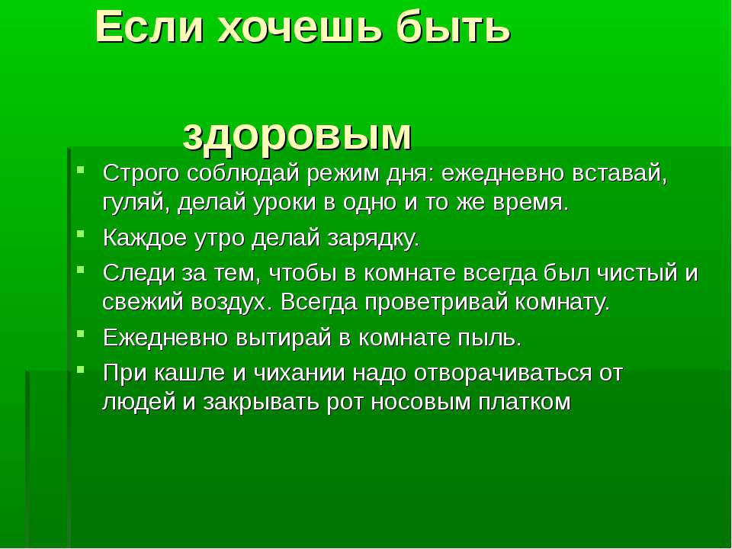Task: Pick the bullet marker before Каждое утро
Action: [x=81, y=233]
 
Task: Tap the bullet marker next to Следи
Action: [x=81, y=268]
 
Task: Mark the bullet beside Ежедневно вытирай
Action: [x=81, y=333]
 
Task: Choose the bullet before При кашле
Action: [x=81, y=369]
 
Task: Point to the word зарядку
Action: [x=373, y=239]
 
